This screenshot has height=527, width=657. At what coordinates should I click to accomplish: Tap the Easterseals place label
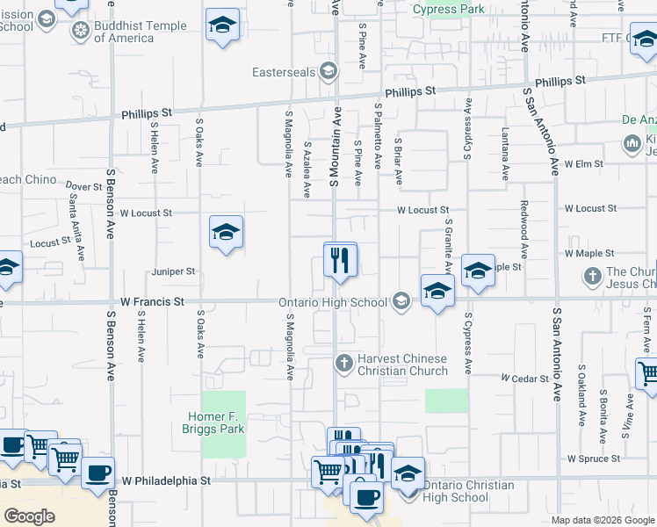285,72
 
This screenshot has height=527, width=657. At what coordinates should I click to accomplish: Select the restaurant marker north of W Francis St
340,260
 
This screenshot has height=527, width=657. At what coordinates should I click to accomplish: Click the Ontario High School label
333,303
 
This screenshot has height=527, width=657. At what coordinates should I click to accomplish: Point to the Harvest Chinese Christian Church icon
344,362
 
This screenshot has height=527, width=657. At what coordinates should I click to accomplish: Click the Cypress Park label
449,10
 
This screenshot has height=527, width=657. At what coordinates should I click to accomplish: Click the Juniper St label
173,272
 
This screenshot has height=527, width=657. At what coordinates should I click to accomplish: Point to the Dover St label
84,186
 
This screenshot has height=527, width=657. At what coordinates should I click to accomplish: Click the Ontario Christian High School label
468,491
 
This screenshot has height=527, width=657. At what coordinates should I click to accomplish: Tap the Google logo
29,516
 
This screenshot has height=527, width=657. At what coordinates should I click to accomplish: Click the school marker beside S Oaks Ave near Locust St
226,233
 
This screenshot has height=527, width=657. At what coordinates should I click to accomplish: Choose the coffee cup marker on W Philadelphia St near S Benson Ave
97,473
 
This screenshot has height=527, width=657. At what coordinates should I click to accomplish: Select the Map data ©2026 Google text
603,520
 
